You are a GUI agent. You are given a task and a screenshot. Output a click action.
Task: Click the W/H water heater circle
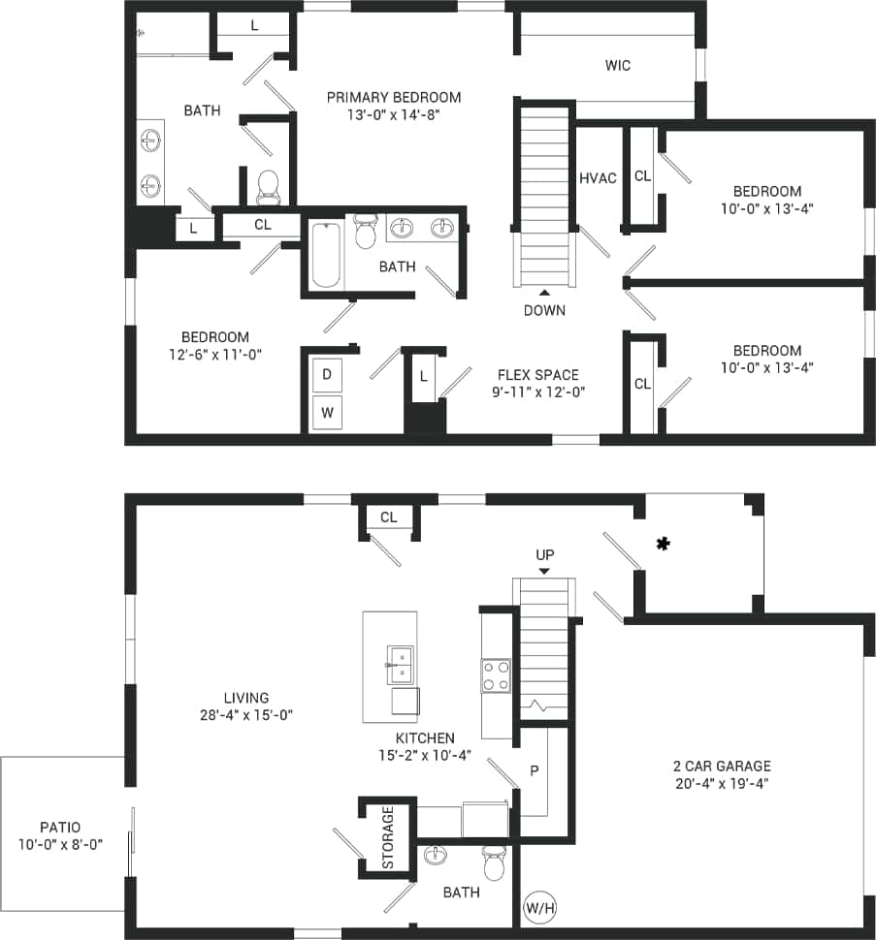pos(540,908)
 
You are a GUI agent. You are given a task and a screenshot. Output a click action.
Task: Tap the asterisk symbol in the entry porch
pos(664,545)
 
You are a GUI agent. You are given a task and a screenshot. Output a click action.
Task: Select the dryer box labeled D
pos(327,374)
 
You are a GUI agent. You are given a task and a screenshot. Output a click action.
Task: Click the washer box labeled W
pos(327,412)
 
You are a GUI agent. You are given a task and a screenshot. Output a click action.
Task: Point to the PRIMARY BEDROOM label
pos(393,97)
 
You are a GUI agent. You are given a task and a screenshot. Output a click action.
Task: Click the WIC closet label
pos(618,66)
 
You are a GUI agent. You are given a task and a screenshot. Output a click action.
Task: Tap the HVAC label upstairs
pos(598,178)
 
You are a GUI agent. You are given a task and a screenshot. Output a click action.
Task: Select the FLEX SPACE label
pos(537,375)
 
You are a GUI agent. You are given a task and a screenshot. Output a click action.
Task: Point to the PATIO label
pos(60,828)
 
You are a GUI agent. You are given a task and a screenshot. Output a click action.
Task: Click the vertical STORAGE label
pos(387,838)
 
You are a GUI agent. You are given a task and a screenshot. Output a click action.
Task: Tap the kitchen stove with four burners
pos(496,675)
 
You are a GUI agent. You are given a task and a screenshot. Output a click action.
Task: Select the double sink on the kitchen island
pos(400,665)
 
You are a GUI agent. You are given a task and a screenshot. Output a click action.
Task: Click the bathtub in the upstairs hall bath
pos(326,255)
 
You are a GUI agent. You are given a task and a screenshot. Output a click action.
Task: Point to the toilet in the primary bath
pos(269,187)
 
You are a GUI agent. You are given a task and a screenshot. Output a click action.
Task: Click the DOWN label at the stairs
pos(544,310)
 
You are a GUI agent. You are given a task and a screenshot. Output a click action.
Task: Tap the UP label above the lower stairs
pos(544,555)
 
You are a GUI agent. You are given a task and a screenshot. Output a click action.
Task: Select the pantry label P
pos(534,770)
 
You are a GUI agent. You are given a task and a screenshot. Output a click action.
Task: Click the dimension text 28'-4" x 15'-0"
pos(245,715)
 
